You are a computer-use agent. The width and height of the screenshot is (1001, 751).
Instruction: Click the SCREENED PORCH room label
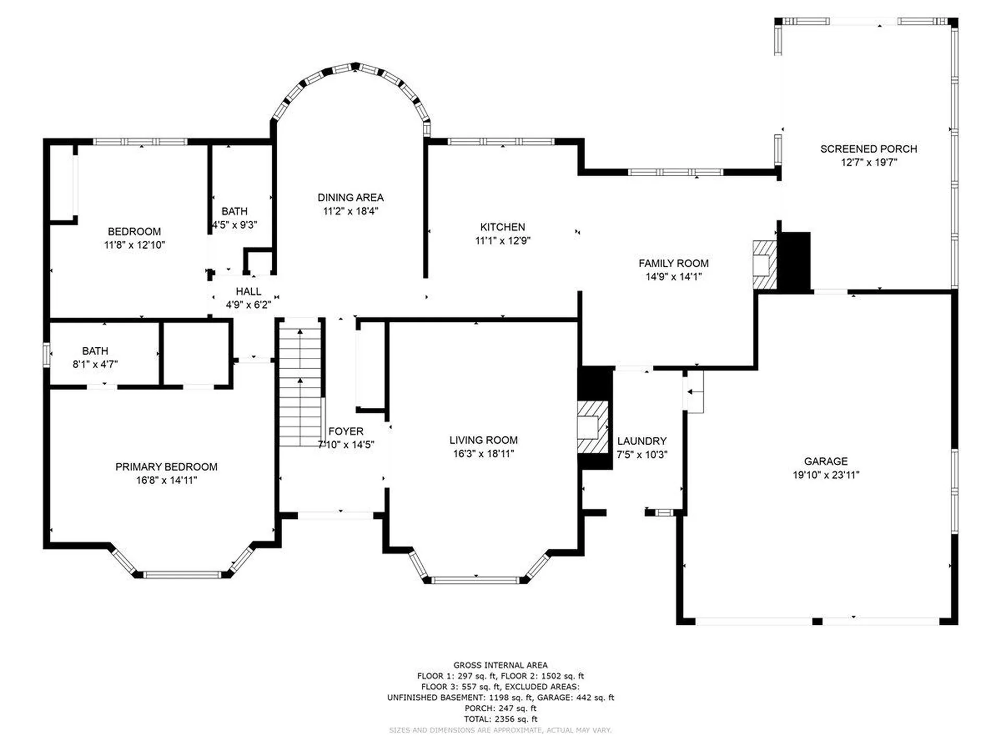click(869, 149)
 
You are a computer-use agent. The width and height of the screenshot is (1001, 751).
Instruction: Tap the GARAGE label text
click(826, 461)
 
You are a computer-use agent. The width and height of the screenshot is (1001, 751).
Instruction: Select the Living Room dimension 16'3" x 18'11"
click(483, 454)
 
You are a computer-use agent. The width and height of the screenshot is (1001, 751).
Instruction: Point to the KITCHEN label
click(503, 227)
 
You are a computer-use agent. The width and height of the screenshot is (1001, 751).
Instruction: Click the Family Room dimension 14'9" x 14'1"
click(674, 277)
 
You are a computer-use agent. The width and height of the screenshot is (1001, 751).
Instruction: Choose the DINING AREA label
click(350, 198)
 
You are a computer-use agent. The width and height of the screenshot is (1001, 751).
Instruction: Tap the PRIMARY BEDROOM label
click(166, 467)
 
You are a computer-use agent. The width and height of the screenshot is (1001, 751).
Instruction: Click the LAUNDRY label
click(642, 441)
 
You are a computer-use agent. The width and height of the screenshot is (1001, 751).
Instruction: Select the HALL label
click(248, 292)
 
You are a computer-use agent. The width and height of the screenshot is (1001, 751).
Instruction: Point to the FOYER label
click(346, 431)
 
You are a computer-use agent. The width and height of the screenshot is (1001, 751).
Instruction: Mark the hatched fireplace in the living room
click(593, 427)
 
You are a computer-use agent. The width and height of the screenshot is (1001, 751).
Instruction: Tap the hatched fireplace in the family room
click(765, 265)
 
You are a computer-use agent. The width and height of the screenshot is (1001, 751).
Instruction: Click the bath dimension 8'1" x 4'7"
click(95, 365)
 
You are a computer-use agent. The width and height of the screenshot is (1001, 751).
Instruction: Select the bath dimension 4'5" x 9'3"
click(235, 225)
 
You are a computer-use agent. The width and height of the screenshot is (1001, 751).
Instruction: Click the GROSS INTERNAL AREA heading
click(500, 665)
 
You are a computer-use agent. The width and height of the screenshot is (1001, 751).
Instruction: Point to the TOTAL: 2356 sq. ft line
click(500, 719)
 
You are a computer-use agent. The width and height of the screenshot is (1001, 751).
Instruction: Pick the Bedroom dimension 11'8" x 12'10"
click(135, 245)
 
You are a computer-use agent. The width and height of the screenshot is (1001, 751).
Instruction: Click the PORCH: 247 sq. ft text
click(500, 708)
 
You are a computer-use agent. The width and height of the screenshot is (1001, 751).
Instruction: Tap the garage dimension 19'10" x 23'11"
click(826, 475)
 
